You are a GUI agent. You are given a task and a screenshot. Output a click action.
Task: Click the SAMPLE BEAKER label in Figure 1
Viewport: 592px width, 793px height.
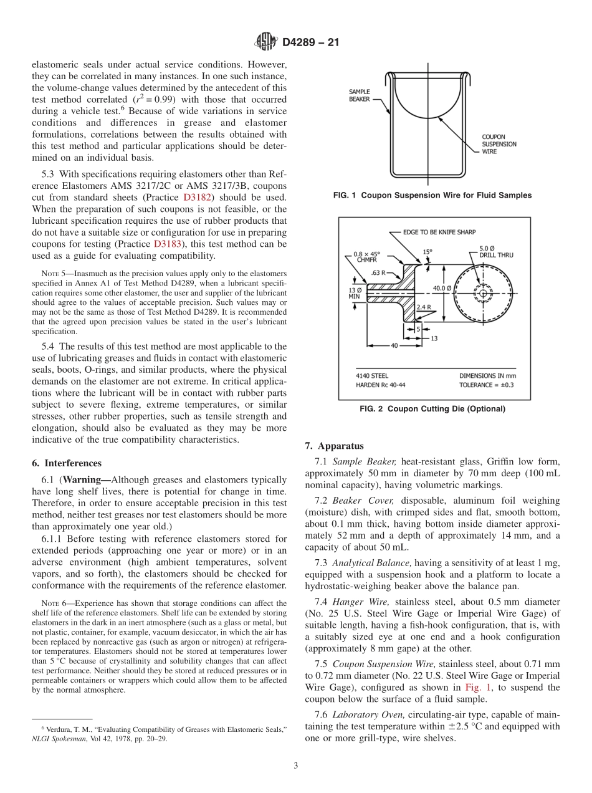[x=359, y=95]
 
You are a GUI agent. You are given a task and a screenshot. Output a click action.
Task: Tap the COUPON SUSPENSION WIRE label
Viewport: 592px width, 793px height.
[x=499, y=144]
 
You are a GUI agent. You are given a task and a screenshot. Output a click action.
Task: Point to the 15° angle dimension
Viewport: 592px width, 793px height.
[x=427, y=252]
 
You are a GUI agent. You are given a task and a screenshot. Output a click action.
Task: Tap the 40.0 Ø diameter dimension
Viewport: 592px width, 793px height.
[x=442, y=288]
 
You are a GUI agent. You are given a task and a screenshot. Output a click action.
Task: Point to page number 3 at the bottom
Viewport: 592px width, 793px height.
[x=296, y=766]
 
